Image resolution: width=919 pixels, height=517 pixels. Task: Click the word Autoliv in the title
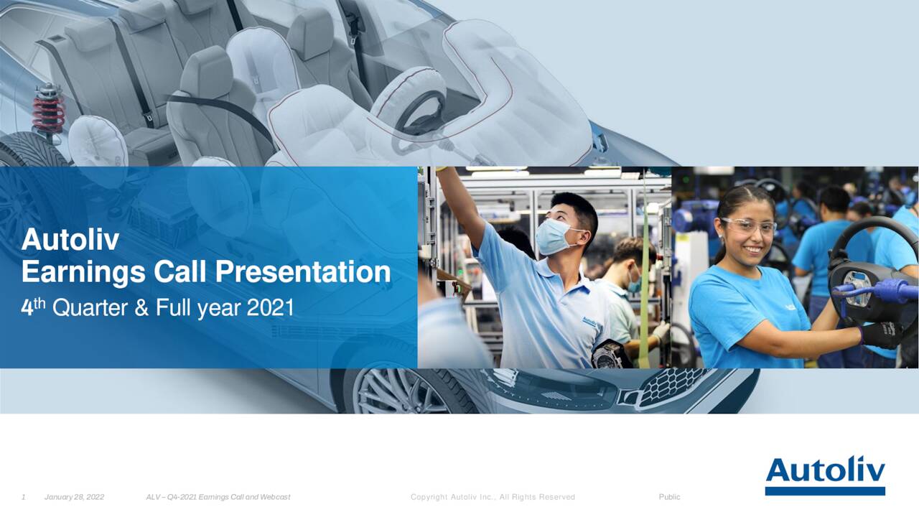click(70, 240)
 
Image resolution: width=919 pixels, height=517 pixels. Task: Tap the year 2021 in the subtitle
click(270, 308)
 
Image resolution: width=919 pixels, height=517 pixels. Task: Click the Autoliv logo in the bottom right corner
click(825, 475)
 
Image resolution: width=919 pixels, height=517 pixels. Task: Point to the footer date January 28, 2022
click(74, 497)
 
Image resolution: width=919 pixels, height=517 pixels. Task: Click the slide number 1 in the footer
click(24, 497)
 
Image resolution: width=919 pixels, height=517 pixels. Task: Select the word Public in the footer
click(669, 497)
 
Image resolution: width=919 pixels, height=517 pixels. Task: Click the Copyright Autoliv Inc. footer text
click(492, 497)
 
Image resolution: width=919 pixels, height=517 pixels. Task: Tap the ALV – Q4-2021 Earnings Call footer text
click(218, 497)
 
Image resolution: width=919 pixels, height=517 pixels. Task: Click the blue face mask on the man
click(554, 238)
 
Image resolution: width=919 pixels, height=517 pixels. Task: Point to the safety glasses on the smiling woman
click(748, 225)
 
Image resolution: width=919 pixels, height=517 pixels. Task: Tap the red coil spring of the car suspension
click(49, 111)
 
